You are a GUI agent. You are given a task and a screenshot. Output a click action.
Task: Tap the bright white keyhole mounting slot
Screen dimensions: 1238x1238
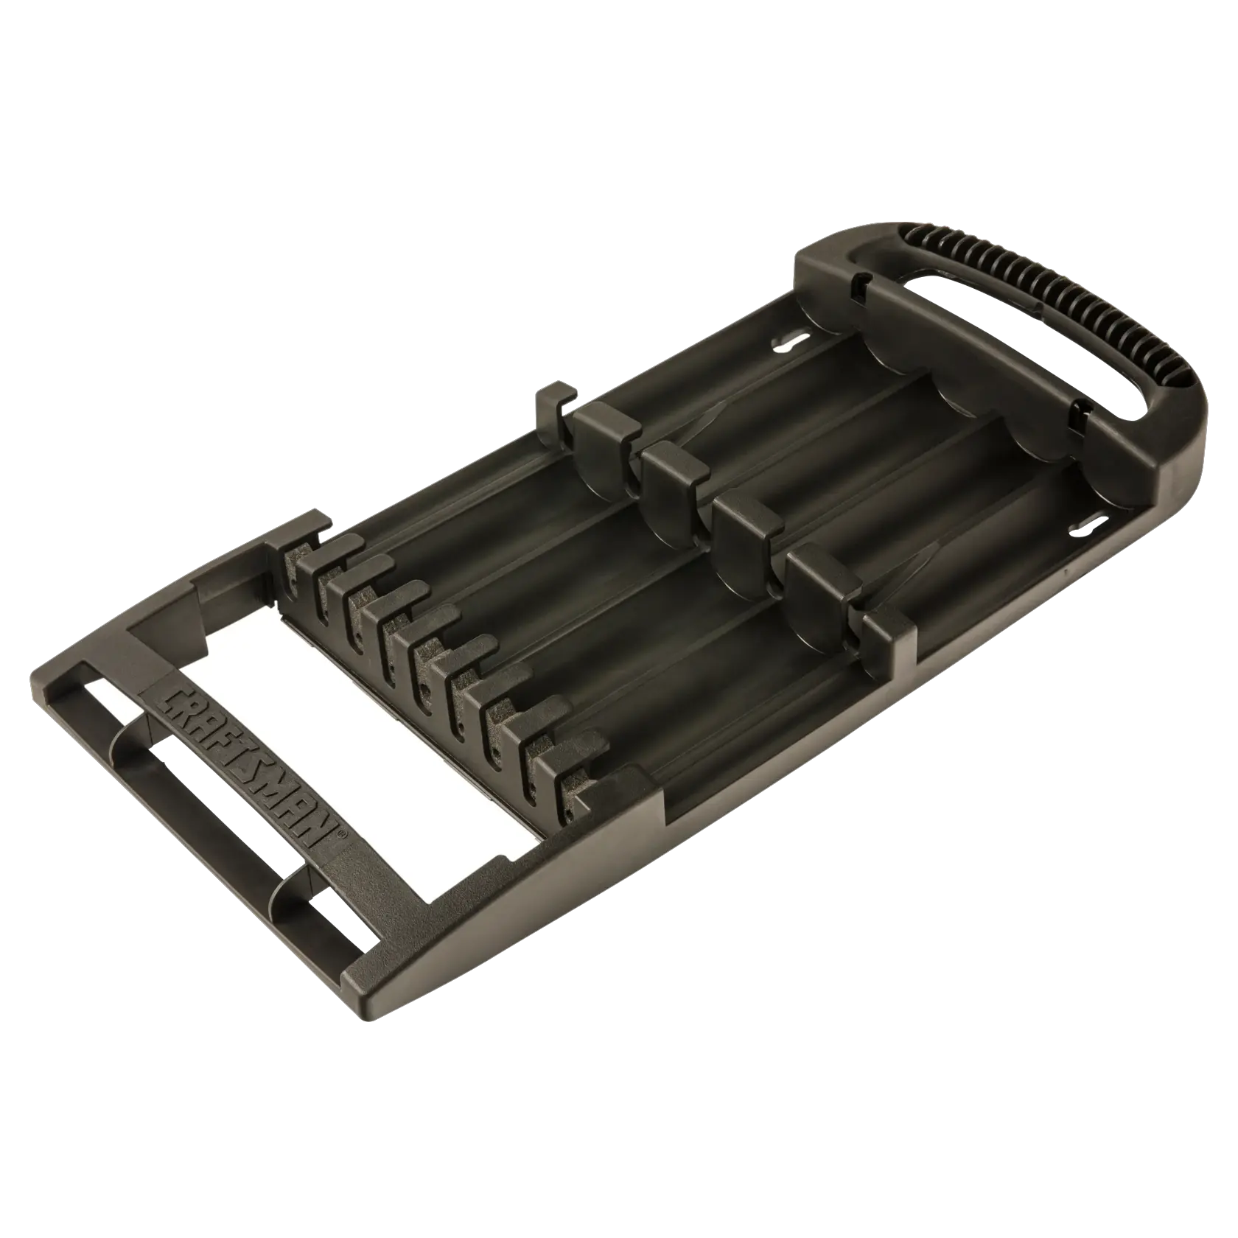788,342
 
